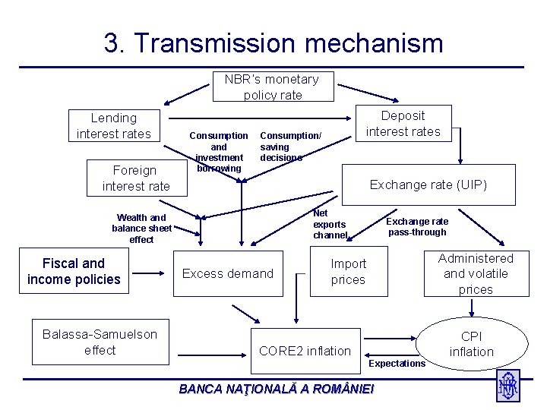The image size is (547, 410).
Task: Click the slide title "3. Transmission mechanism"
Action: coord(273,43)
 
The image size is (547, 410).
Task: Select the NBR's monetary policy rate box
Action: coord(273,87)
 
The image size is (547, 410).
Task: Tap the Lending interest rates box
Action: coord(114,126)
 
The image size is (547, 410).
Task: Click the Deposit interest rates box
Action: coord(403,124)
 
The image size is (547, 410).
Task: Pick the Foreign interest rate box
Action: coord(136,178)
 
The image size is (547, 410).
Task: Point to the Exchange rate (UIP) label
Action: coord(428,184)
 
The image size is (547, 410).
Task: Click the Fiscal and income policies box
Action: coord(74,272)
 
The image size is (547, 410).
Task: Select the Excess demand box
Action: coord(228,273)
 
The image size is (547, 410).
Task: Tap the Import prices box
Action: coord(348,272)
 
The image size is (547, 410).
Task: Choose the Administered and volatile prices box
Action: coord(476,273)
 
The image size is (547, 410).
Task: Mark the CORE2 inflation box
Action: coord(305,350)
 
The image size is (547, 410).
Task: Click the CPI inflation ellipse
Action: coord(471,344)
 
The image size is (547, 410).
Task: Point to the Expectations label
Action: coord(397,364)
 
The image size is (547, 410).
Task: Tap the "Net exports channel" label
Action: coord(330,225)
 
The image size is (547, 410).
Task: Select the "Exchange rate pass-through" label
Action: coord(417,226)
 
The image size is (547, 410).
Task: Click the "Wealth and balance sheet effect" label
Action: coord(141,229)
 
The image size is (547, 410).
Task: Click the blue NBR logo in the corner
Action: coord(507,385)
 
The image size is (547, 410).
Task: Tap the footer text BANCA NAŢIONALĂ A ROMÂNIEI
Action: coord(277,389)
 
